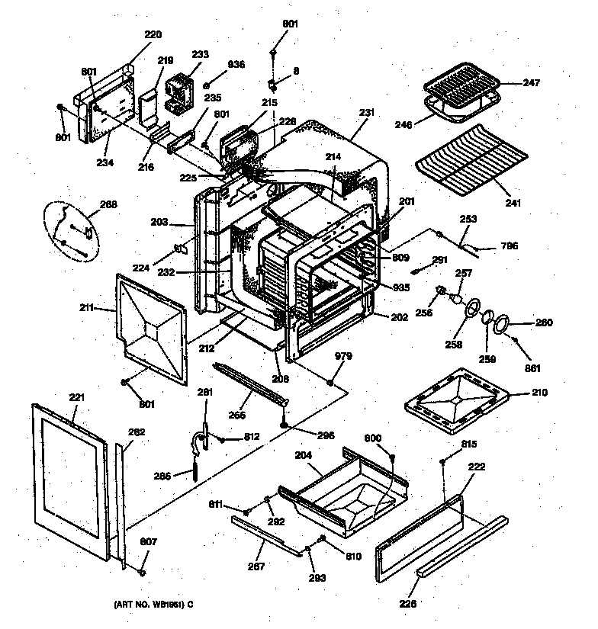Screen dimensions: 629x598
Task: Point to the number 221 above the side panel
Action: tap(78, 397)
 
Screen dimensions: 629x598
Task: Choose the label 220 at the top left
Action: tap(153, 34)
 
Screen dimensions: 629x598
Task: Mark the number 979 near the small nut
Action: tap(343, 355)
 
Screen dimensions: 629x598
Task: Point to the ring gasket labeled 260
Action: tap(501, 326)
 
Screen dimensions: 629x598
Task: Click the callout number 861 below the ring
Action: tap(532, 369)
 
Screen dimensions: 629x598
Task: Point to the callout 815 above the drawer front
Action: tap(469, 444)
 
